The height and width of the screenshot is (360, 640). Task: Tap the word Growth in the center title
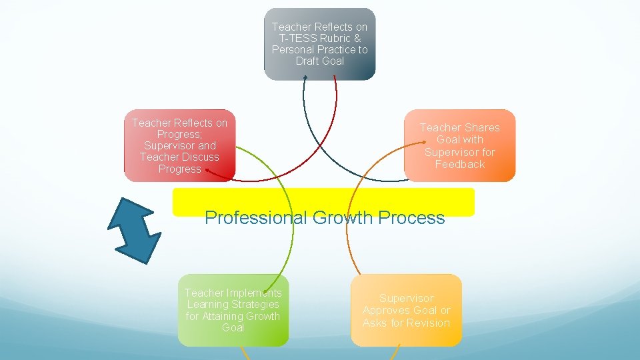click(x=342, y=218)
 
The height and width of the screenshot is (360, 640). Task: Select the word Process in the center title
click(x=411, y=218)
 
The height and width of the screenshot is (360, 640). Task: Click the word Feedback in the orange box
click(x=459, y=164)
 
